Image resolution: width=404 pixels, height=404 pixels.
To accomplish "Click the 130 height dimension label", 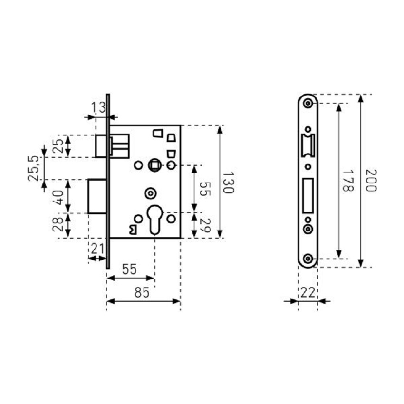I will tap(228, 183).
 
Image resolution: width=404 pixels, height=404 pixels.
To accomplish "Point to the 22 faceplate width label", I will tap(308, 293).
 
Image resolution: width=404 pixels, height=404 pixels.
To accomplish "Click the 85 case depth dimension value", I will tap(141, 293).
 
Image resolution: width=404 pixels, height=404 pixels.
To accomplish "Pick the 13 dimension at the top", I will tap(98, 108).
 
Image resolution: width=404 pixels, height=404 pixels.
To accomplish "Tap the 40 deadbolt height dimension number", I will tap(58, 196).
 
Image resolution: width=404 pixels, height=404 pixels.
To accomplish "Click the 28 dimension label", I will tap(58, 225).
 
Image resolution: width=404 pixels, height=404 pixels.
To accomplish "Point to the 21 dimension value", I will tap(97, 248).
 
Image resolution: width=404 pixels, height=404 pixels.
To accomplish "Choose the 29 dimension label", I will tap(205, 225).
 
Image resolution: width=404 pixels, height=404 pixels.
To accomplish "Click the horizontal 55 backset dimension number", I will tap(128, 269).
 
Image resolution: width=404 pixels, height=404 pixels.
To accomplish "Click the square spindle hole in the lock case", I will tap(154, 165).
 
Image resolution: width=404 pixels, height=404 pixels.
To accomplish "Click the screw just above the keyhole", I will tap(151, 193).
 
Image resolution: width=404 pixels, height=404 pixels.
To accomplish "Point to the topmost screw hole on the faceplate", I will tap(308, 103).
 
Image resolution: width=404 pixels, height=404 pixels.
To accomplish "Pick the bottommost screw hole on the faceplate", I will tap(308, 259).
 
